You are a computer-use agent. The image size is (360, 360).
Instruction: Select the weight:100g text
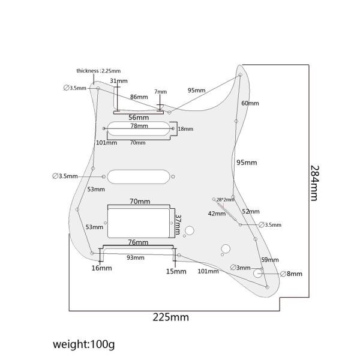point(83,344)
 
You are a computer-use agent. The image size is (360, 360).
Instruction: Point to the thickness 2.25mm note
point(98,71)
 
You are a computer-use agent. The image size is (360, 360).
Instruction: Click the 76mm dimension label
point(138,242)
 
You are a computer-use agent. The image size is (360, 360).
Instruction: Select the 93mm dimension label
point(135,257)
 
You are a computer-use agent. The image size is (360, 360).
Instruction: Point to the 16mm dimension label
point(101,268)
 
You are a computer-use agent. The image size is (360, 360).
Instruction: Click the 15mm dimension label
point(176,271)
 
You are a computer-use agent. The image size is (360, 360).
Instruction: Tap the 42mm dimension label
point(217,214)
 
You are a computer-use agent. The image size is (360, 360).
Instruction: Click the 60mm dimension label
point(250,103)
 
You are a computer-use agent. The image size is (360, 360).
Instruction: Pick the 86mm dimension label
point(139,97)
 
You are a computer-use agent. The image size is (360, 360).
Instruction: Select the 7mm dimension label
point(160,92)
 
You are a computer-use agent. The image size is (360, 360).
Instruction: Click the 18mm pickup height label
point(185,129)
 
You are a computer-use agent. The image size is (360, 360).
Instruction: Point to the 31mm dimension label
point(118,81)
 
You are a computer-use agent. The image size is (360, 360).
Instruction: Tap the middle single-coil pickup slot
point(139,176)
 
